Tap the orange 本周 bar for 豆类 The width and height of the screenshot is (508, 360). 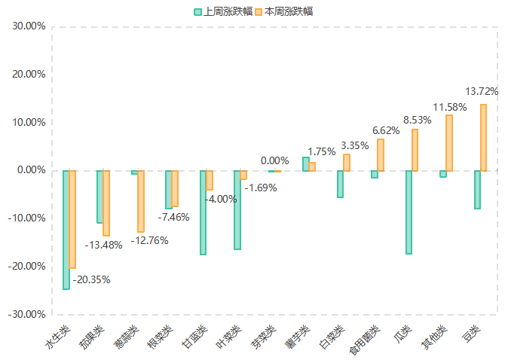[x=483, y=137]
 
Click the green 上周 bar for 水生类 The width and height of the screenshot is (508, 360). [x=66, y=230]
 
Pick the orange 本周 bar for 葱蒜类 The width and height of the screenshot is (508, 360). [x=140, y=201]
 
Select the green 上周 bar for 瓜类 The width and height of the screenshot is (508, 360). [x=409, y=212]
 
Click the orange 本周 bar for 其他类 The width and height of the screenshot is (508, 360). [x=449, y=143]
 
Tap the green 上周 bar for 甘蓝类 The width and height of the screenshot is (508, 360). [x=203, y=213]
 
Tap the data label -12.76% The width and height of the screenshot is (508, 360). [x=148, y=241]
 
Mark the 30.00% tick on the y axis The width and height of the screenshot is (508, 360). [x=29, y=26]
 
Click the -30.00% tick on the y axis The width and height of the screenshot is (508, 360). [x=28, y=314]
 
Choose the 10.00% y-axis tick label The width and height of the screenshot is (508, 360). [x=29, y=122]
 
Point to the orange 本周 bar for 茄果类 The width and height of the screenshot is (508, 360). [x=106, y=203]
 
